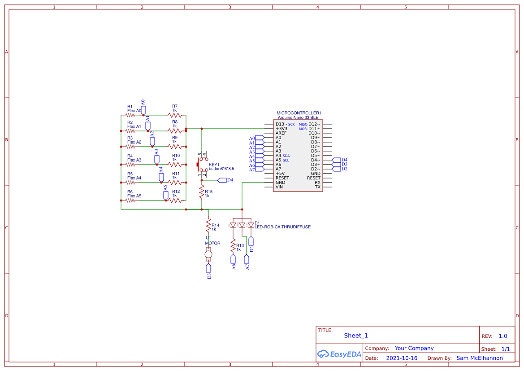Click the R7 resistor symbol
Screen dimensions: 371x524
175,115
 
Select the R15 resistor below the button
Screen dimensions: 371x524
202,192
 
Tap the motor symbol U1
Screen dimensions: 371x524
208,255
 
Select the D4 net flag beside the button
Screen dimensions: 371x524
222,180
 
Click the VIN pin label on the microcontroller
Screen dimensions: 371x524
279,187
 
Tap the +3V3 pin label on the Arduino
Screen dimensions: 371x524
281,129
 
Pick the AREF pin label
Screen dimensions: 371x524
281,133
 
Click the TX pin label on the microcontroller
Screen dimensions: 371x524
317,187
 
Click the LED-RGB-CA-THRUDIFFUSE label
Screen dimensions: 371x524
282,227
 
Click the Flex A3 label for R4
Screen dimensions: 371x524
134,160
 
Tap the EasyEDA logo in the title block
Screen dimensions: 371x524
339,354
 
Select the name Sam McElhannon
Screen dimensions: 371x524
479,358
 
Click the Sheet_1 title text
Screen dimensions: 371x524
356,336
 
